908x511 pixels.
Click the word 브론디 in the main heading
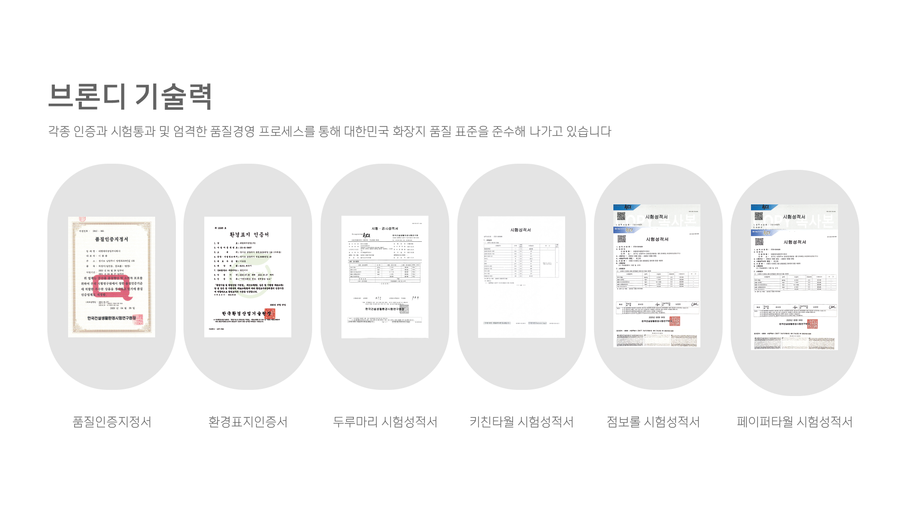(87, 96)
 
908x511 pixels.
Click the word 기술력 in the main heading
(173, 96)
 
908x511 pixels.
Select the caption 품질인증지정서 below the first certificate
(112, 422)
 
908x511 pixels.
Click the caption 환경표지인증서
(248, 422)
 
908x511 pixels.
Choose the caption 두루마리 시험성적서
(384, 422)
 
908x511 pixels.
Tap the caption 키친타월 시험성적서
(521, 422)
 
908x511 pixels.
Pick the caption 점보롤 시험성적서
(653, 422)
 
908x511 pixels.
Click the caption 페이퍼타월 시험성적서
(794, 422)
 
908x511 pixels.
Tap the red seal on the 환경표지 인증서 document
(270, 313)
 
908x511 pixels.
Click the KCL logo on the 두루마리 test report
(367, 235)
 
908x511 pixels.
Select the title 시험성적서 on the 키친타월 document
(521, 230)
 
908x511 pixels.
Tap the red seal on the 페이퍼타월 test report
(812, 324)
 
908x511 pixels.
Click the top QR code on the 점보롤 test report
(621, 216)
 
